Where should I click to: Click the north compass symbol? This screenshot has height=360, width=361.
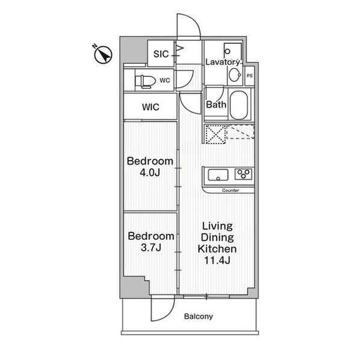coord(103,54)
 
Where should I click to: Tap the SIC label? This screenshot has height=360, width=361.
coord(161,54)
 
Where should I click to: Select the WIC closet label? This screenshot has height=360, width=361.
coord(150,107)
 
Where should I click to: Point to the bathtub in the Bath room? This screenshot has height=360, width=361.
coord(239,105)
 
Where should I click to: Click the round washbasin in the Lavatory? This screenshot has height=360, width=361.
coord(235,75)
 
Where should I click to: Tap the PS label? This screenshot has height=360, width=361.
coord(250,76)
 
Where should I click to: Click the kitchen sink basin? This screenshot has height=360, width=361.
coord(218,175)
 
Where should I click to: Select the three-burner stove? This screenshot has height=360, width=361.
coord(243,174)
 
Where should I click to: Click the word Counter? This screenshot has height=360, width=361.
coord(230,191)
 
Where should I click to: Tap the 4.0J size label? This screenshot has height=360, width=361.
coord(150,172)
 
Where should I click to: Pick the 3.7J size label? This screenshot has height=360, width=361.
coord(151,248)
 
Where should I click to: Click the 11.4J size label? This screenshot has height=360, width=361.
coord(217,260)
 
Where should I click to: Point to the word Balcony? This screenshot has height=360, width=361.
coord(199,316)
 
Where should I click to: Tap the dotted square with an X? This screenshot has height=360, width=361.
coord(215,135)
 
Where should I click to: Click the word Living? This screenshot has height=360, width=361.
coord(217,227)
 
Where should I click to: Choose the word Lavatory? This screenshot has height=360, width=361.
coord(223,62)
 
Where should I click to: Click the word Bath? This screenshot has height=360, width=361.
coord(216,105)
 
